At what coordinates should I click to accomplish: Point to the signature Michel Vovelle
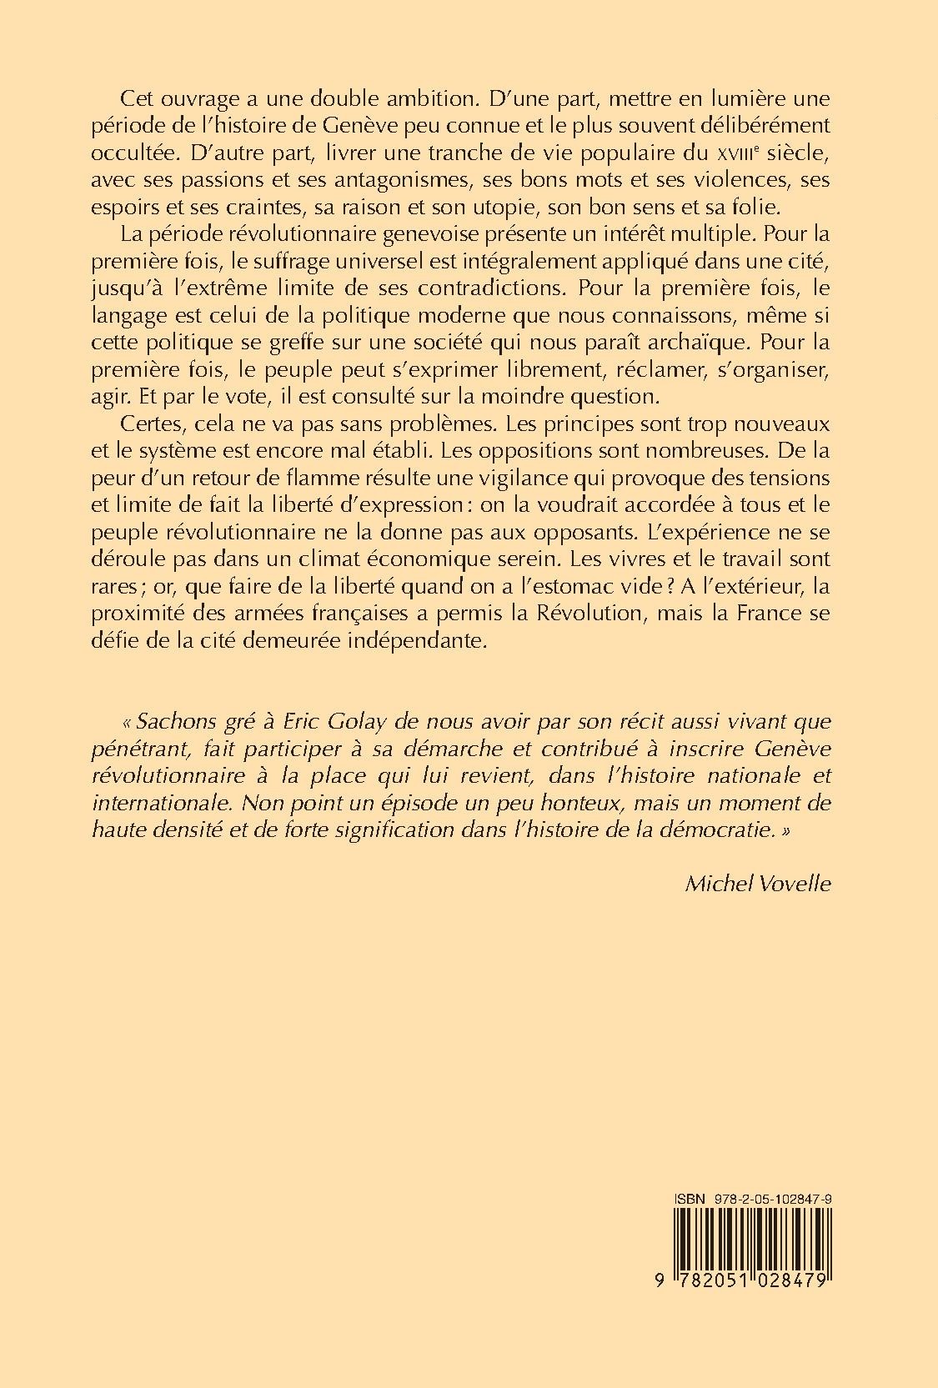click(x=757, y=884)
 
